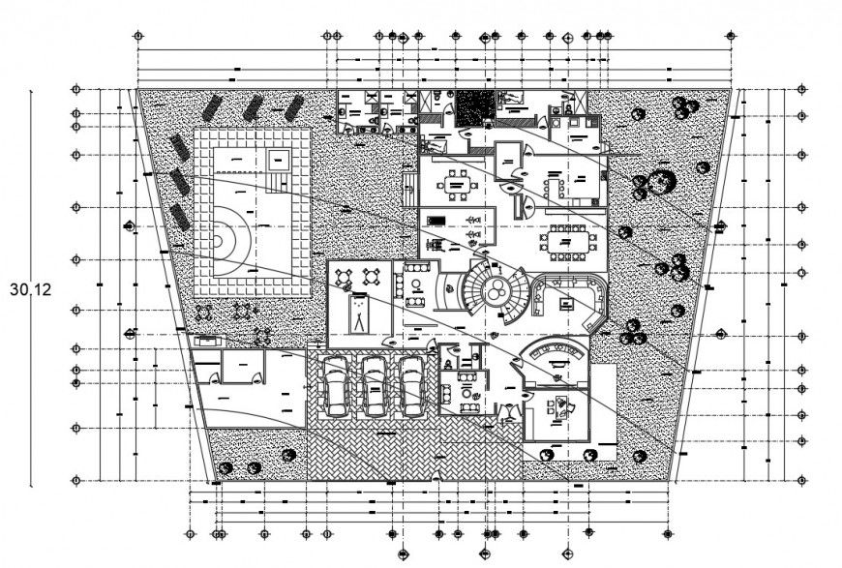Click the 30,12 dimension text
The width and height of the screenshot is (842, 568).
30,288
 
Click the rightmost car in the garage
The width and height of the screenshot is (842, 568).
412,385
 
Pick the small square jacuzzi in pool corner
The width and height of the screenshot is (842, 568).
280,159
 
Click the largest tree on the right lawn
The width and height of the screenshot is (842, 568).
663,182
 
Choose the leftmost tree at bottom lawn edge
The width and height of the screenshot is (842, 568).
226,468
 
